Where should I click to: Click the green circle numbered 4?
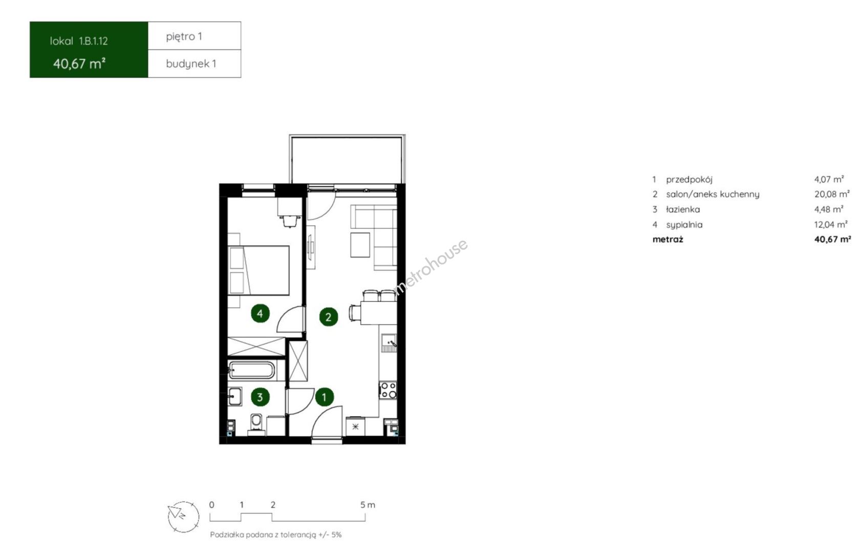click(x=260, y=313)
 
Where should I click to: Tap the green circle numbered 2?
click(x=328, y=317)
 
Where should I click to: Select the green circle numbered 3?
click(x=260, y=397)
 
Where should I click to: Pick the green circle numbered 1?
click(x=325, y=397)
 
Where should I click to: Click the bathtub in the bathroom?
click(x=251, y=370)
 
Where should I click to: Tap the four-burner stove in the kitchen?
click(x=388, y=390)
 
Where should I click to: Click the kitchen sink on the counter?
click(x=389, y=343)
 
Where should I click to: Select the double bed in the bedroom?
click(x=258, y=270)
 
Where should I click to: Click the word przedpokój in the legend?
click(x=689, y=179)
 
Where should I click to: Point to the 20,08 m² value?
click(x=832, y=194)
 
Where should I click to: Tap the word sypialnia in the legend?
click(x=684, y=224)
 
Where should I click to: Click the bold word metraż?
click(x=667, y=239)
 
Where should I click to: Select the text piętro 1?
click(x=184, y=36)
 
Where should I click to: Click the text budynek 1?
click(x=191, y=64)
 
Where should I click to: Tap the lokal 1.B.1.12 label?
click(x=79, y=41)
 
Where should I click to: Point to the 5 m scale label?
click(x=367, y=505)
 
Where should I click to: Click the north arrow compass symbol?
click(x=183, y=517)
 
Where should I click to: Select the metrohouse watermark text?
click(x=430, y=267)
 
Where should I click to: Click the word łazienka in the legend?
click(x=683, y=209)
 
